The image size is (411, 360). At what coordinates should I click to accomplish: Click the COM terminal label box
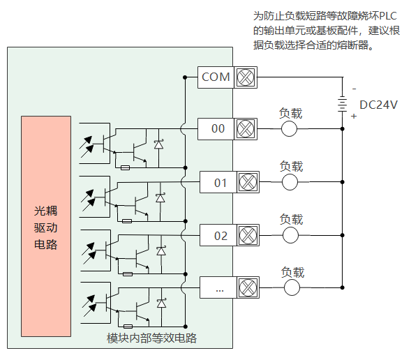[216, 77]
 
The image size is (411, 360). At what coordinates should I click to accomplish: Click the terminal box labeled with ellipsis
[218, 287]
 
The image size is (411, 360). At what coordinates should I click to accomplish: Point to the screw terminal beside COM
[246, 77]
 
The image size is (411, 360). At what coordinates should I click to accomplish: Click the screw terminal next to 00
[246, 129]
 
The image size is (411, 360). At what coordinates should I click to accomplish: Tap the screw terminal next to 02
[248, 235]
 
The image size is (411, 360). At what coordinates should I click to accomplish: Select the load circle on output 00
[289, 129]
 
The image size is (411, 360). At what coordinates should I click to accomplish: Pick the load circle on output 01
[290, 182]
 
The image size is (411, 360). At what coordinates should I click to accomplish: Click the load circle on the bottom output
[292, 287]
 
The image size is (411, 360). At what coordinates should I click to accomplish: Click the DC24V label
[378, 105]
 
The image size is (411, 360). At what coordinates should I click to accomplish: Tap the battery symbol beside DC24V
[343, 104]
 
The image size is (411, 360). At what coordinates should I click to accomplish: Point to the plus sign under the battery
[354, 116]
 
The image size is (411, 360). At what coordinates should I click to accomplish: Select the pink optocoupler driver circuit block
[46, 226]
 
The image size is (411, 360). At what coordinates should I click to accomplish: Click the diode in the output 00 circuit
[158, 144]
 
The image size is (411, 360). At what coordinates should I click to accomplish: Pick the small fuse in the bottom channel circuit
[128, 327]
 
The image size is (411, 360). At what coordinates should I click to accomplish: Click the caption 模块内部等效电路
[151, 338]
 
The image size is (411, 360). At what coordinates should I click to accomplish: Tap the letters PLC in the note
[388, 16]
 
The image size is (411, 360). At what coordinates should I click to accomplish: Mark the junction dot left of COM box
[185, 77]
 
